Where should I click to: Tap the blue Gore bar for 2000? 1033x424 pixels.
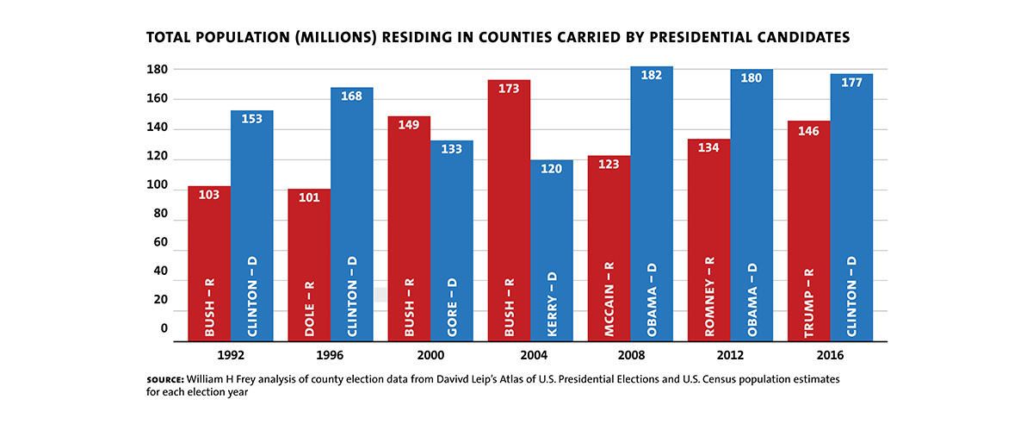452,240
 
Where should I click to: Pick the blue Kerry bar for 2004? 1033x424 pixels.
552,250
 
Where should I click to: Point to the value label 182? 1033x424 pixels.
652,76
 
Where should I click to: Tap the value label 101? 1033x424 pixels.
309,197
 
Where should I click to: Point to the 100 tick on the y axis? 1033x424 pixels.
158,185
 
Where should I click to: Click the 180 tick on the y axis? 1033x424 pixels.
158,69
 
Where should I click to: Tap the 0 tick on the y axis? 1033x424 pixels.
164,329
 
